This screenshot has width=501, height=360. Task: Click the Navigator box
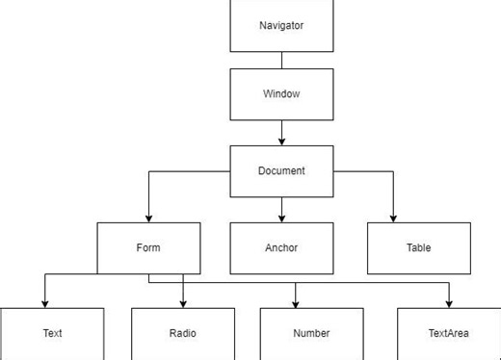(x=281, y=25)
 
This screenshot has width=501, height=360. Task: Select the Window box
(x=281, y=93)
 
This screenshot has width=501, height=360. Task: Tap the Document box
(x=281, y=170)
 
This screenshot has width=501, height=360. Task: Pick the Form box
(x=148, y=247)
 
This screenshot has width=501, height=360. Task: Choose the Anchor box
(x=281, y=247)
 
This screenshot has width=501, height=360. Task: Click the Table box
(x=419, y=247)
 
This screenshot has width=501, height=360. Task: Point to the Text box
(x=52, y=333)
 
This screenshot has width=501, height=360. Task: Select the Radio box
(x=183, y=333)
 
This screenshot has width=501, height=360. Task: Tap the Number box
(x=311, y=333)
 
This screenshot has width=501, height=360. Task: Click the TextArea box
(x=449, y=333)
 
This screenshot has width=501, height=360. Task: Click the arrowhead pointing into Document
(x=281, y=141)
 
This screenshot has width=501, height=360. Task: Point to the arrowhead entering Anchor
(x=281, y=218)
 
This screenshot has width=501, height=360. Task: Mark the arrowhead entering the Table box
(x=394, y=218)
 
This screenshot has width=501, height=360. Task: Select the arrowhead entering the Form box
(x=148, y=218)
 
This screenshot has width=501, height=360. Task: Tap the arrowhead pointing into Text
(x=44, y=303)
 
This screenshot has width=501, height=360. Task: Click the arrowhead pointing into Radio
(x=183, y=303)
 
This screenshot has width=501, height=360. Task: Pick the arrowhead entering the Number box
(x=296, y=303)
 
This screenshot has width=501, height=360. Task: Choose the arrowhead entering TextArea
(x=449, y=303)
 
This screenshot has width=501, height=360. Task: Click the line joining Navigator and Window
(x=281, y=60)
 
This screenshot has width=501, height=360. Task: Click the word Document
(x=281, y=170)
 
